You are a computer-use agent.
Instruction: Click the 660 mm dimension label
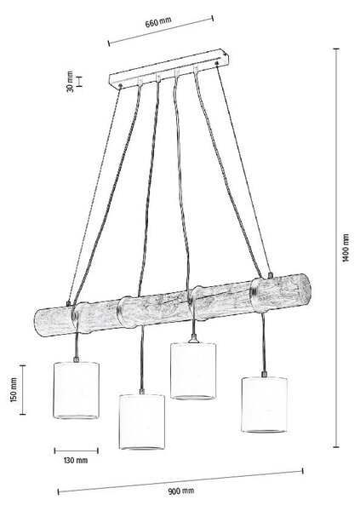point(158,22)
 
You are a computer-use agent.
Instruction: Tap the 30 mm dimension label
point(70,82)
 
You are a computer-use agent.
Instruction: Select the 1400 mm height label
point(346,247)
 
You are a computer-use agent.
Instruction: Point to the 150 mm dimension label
point(14,390)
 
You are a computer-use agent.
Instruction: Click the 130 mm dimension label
point(76,461)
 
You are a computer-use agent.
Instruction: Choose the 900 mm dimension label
point(181,491)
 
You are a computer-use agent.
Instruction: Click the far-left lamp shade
point(76,390)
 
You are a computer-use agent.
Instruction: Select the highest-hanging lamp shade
point(193,370)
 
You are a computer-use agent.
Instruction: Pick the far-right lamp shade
point(264,405)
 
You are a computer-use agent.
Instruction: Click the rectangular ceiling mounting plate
point(169,68)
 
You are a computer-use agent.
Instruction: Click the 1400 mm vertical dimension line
point(336,248)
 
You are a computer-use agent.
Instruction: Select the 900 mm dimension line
point(180,480)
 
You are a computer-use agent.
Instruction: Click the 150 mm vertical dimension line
point(22,390)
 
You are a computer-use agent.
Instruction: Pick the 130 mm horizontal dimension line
point(77,451)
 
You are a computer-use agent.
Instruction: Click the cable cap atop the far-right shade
point(264,374)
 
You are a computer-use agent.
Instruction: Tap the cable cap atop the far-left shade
point(77,359)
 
